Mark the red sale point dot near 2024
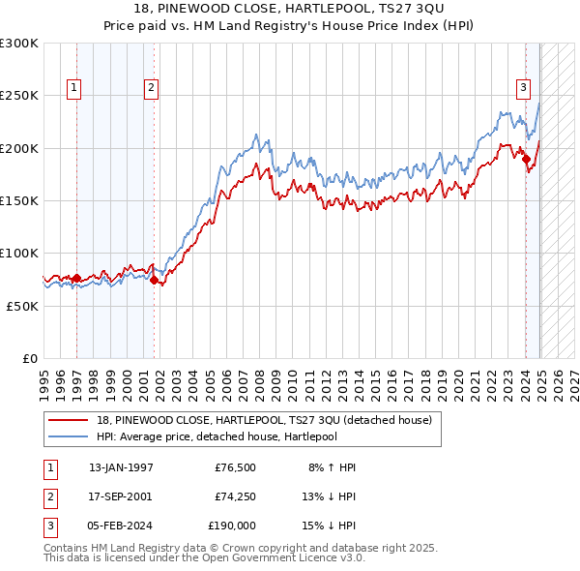pyautogui.click(x=527, y=160)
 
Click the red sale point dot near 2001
pyautogui.click(x=154, y=281)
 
